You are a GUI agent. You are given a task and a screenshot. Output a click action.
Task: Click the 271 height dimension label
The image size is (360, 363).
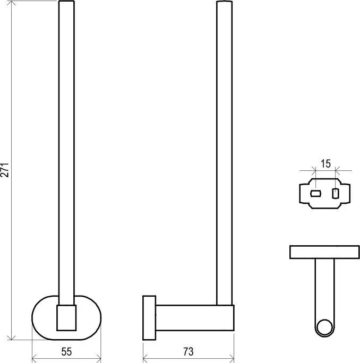5,170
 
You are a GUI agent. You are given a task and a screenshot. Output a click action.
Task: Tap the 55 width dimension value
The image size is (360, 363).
66,352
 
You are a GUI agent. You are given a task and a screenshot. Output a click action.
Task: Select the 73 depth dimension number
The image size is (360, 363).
188,352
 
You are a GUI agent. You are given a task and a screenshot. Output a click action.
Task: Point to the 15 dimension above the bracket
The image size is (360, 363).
325,163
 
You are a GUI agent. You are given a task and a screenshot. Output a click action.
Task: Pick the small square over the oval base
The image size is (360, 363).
66,317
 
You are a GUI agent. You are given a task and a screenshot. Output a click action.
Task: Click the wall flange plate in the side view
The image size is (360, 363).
149,317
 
